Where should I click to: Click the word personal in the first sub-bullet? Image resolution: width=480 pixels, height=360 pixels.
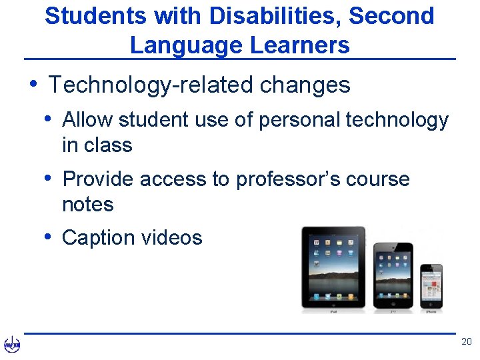299,120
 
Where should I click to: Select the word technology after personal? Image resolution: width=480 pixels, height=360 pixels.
398,120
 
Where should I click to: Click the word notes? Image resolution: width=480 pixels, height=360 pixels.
87,204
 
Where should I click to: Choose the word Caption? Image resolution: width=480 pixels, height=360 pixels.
99,238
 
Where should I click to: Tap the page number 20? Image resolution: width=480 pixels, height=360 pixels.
466,342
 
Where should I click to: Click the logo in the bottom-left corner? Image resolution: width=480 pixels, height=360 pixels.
12,345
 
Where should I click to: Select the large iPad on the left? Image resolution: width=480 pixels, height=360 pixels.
333,267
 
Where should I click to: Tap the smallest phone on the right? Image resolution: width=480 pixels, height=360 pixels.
431,285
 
